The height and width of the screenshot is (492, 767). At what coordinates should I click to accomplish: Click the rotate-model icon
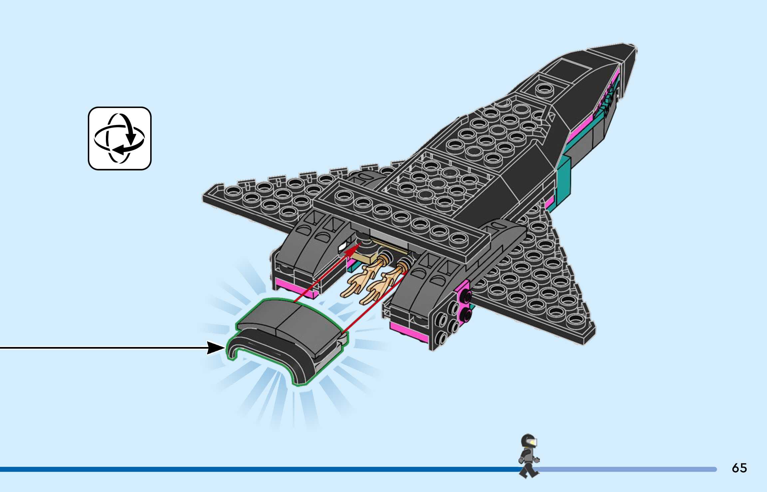pyautogui.click(x=120, y=138)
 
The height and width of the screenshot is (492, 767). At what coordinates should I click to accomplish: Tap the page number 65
pyautogui.click(x=739, y=468)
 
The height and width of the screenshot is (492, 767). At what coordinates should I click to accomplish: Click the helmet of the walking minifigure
pyautogui.click(x=528, y=441)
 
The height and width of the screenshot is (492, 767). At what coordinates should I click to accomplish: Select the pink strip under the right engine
pyautogui.click(x=409, y=332)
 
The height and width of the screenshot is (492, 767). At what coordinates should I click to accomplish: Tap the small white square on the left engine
pyautogui.click(x=342, y=247)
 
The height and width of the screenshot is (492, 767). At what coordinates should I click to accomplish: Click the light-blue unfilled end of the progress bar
pyautogui.click(x=633, y=469)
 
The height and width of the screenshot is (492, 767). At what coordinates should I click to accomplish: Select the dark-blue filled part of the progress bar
pyautogui.click(x=233, y=469)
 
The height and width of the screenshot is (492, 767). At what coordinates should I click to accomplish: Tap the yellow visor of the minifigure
pyautogui.click(x=533, y=442)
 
